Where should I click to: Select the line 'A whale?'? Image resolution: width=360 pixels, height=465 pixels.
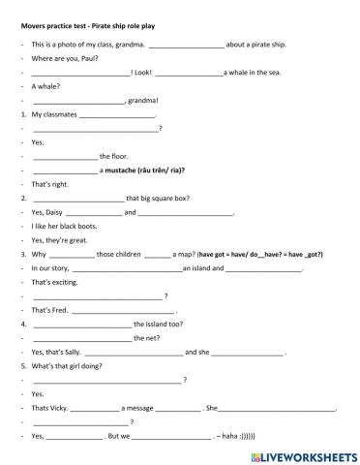coord(45,86)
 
